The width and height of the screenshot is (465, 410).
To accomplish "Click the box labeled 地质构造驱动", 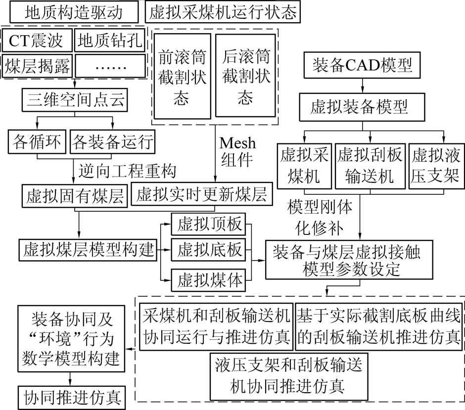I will pyautogui.click(x=73, y=11).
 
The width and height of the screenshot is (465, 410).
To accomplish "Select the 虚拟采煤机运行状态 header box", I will pyautogui.click(x=223, y=11).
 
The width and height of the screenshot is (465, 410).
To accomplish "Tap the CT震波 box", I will pyautogui.click(x=37, y=41).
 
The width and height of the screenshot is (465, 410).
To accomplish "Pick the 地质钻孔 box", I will pyautogui.click(x=110, y=41).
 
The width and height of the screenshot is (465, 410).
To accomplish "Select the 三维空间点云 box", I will pyautogui.click(x=74, y=101).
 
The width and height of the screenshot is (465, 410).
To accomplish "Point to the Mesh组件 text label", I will pyautogui.click(x=238, y=151).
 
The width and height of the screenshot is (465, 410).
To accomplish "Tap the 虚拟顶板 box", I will pyautogui.click(x=207, y=225).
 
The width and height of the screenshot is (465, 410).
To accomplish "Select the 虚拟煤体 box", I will pyautogui.click(x=207, y=280).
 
